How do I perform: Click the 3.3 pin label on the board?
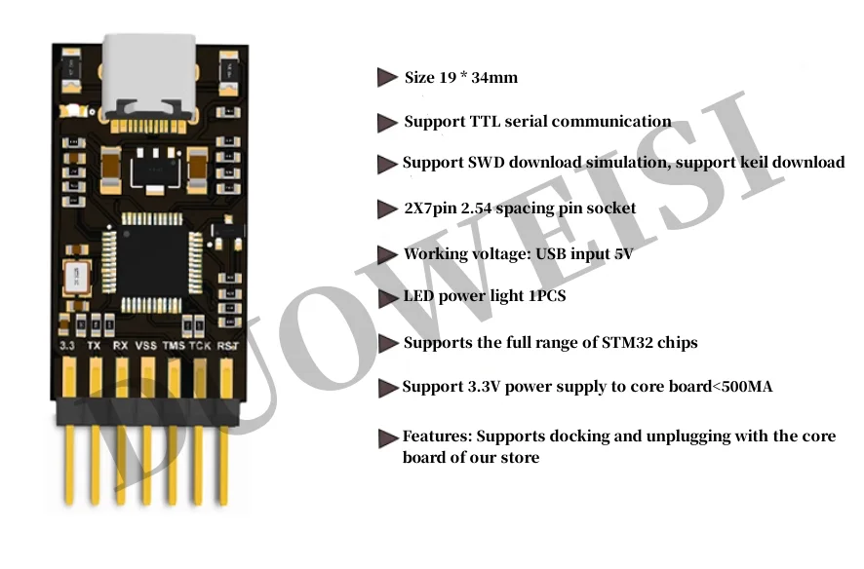click(68, 344)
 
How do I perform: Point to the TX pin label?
click(95, 344)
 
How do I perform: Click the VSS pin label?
click(146, 344)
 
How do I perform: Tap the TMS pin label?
click(174, 344)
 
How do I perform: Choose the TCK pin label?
click(200, 344)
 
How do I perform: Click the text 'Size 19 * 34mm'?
click(460, 77)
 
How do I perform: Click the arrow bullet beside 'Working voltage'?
click(387, 255)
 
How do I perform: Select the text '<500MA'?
click(742, 387)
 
